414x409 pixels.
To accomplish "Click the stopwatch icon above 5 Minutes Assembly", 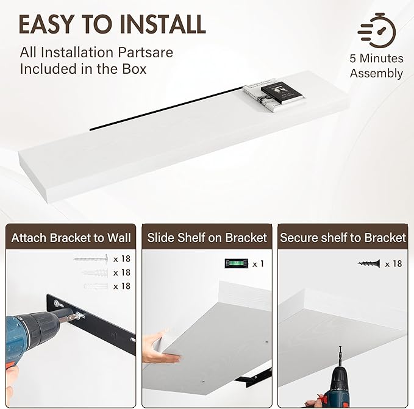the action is click(377, 30).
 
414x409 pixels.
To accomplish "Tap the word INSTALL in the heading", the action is click(162, 24).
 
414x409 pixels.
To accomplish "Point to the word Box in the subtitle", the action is click(134, 69).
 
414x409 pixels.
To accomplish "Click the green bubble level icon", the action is click(237, 263).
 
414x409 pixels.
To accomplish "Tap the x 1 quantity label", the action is click(258, 263).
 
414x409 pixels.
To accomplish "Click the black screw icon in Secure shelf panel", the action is click(369, 263).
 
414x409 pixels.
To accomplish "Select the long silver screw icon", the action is click(91, 259).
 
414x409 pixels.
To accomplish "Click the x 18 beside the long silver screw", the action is click(122, 259).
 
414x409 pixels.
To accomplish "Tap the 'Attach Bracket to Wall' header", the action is click(71, 238).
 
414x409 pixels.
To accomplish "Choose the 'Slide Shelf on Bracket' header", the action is click(207, 238).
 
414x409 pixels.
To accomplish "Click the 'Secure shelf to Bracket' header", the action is click(343, 238).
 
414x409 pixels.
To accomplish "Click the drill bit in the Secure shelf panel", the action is click(340, 355).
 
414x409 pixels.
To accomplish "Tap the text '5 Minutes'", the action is click(377, 59).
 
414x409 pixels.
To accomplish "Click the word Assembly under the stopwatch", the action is click(377, 73).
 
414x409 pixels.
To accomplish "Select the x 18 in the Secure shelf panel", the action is click(393, 263).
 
